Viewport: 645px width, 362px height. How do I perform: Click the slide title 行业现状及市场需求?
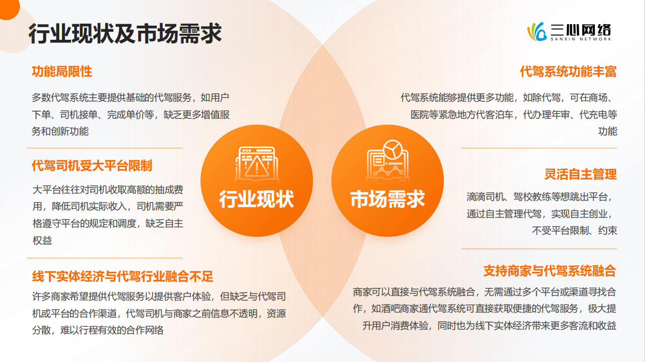coord(125,34)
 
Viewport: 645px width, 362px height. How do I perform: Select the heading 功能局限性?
coord(62,71)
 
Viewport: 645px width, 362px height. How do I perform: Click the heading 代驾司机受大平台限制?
coord(92,165)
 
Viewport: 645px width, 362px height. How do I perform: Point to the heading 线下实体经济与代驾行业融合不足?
coord(123,276)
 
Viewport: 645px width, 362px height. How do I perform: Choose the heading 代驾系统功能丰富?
coord(568,71)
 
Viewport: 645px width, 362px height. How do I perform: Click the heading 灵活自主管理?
coord(580,174)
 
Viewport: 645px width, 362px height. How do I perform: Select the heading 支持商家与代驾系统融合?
coord(549,270)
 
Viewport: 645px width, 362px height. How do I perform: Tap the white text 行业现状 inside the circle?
coord(256,199)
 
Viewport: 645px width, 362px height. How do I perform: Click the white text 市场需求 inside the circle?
coord(388,199)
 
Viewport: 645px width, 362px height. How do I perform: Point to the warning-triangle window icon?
coord(256,162)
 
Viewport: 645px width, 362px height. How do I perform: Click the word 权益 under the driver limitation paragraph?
coord(43,241)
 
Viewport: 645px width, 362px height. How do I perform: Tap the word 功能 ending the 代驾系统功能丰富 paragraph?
coord(607,131)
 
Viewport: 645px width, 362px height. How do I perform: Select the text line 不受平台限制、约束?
coord(575,231)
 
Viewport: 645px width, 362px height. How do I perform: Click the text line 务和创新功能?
coord(60,131)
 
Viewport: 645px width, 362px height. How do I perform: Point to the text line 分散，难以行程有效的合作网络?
coord(98,330)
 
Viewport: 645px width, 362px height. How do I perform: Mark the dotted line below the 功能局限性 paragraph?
coord(105,148)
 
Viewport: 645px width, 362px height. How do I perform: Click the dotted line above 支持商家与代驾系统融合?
coord(539,249)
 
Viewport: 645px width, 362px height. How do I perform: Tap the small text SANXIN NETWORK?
coord(580,39)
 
